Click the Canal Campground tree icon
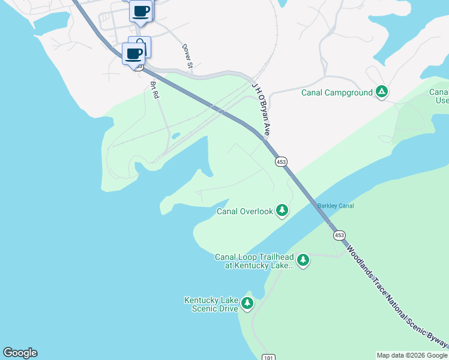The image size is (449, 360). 381,92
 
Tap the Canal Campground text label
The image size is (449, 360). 336,92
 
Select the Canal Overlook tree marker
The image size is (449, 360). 282,211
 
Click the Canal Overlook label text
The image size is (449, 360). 245,211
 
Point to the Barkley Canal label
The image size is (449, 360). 336,206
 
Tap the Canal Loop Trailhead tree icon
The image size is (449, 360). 303,260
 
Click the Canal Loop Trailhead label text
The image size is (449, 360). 255,261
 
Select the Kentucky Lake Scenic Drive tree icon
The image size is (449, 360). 247,304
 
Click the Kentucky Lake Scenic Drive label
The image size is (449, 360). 211,304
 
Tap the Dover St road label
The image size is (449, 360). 186,55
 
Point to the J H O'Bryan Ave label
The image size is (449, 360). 259,109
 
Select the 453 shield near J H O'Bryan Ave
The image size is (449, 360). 281,161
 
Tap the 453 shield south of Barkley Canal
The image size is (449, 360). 339,235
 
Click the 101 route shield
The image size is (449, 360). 268,358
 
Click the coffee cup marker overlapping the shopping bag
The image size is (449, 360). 133,54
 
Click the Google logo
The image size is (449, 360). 20,353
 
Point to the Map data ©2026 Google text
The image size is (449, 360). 412,355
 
